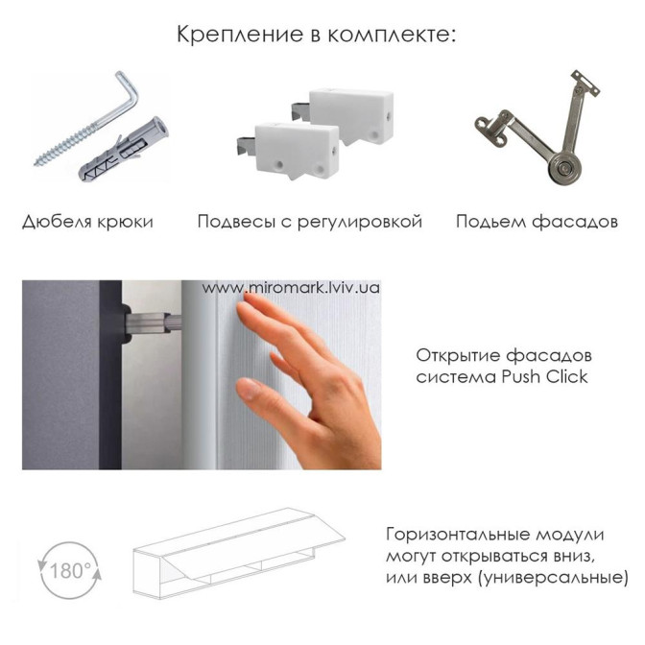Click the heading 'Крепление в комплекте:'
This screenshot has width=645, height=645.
(x=317, y=35)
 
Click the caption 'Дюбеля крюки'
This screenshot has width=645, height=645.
(x=87, y=222)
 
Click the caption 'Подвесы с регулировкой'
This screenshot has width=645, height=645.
(x=309, y=222)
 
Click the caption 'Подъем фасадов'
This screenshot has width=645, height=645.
(x=537, y=222)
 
